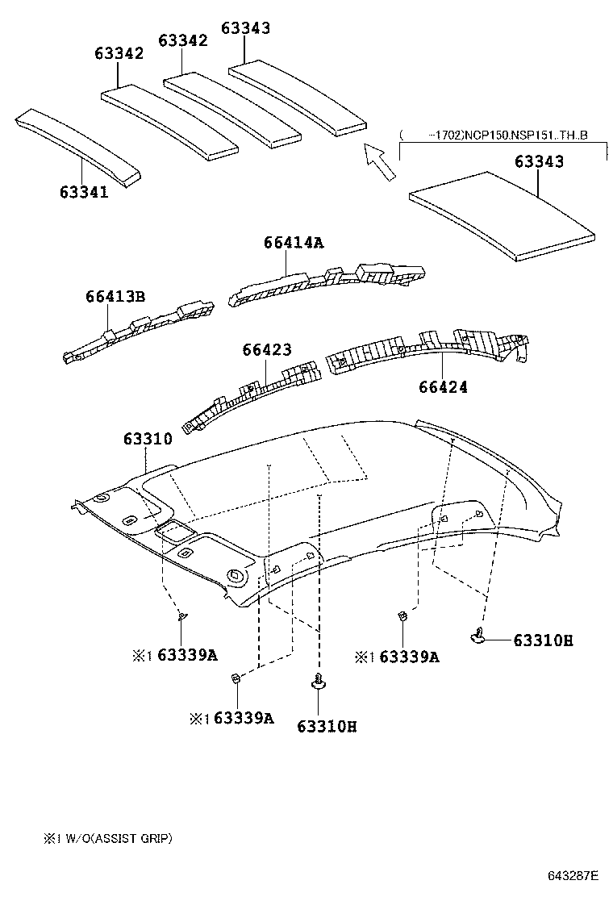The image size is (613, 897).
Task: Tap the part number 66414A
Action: (294, 242)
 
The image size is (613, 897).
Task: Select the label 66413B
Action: (115, 297)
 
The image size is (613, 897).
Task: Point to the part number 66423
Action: (267, 349)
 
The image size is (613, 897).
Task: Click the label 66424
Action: (443, 387)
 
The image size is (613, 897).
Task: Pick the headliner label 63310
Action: (148, 440)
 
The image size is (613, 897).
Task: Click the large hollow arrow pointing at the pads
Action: (380, 161)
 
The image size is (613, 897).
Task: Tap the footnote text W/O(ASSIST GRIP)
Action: (118, 838)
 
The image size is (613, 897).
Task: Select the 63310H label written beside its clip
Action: (543, 640)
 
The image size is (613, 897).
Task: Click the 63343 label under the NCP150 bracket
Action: (539, 161)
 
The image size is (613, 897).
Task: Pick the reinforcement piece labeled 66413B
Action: (137, 333)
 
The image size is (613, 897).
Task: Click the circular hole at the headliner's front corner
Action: (236, 576)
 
